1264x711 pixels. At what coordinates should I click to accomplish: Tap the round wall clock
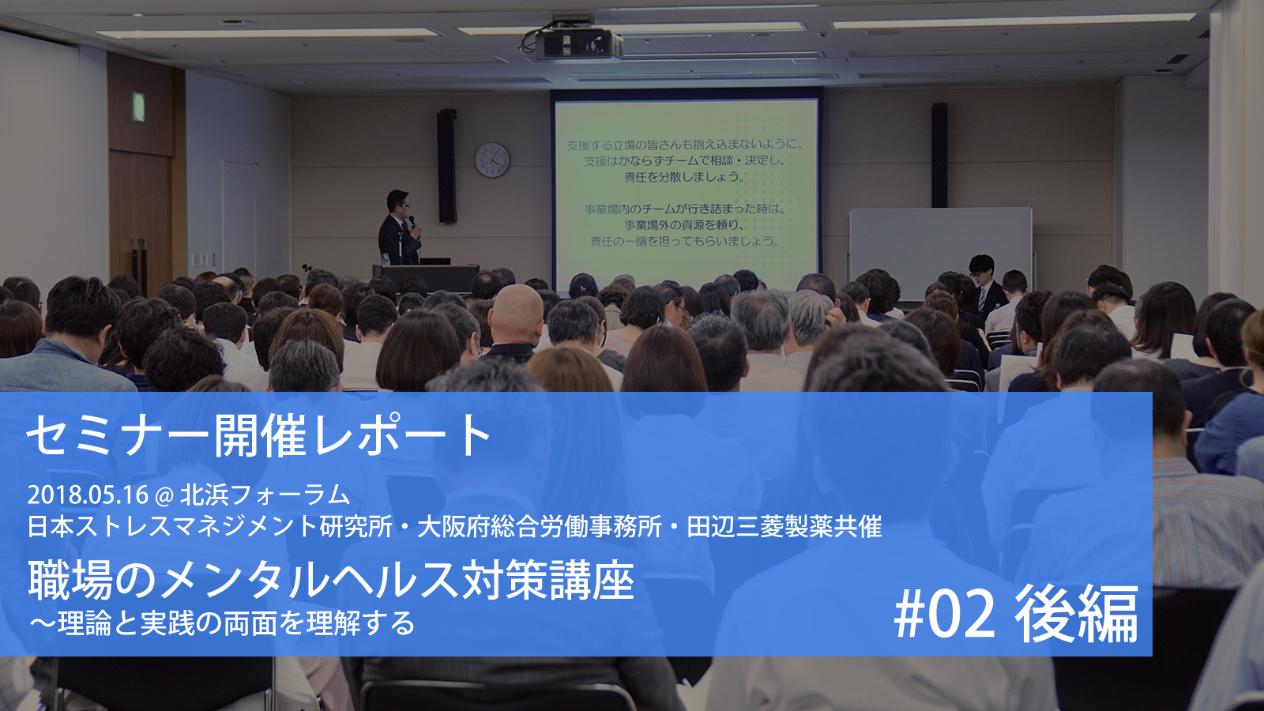tap(492, 160)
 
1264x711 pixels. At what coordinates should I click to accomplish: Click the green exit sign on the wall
tap(138, 107)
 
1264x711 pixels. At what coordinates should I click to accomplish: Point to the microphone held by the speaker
tap(412, 221)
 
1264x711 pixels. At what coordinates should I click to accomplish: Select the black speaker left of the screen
tap(446, 166)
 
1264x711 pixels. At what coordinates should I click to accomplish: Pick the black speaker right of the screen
tap(939, 155)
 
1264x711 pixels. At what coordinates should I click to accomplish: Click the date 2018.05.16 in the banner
tap(88, 495)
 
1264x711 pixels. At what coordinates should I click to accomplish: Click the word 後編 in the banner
tap(1076, 615)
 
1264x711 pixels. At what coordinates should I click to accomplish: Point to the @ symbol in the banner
tap(164, 495)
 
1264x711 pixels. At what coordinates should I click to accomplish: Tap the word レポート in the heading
tap(403, 435)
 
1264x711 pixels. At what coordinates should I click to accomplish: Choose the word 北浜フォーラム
tap(265, 495)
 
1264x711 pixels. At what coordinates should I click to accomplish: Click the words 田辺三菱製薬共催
tap(784, 526)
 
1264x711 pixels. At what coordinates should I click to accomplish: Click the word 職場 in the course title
tap(70, 581)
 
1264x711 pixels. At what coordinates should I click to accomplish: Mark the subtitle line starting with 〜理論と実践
tap(222, 623)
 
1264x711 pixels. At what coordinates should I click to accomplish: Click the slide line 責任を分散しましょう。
tap(684, 177)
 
